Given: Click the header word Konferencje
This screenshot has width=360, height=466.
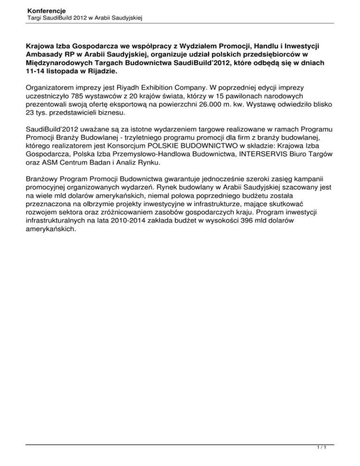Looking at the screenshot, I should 46,9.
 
